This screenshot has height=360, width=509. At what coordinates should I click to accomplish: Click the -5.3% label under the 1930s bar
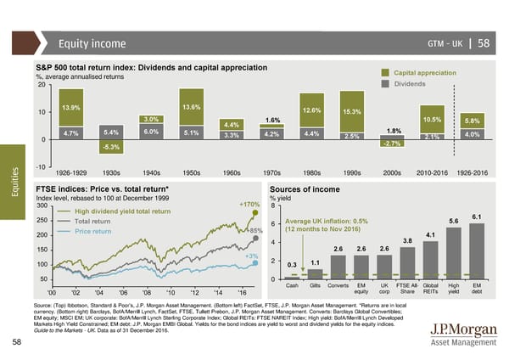(111, 148)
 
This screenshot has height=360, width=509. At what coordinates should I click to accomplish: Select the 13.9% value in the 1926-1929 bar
(71, 108)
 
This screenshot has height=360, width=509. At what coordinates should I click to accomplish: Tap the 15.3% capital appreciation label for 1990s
(352, 112)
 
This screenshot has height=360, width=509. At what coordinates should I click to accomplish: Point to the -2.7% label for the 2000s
(392, 143)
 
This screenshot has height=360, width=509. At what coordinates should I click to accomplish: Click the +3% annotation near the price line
(250, 256)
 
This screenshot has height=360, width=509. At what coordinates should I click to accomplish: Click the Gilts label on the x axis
(315, 286)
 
